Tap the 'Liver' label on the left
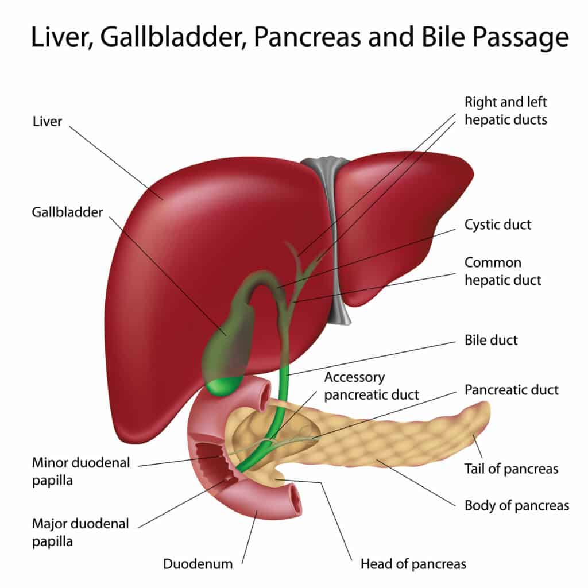coord(47,121)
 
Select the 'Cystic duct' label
coord(497,224)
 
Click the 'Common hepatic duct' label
coord(502,271)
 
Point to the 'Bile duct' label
coord(490,339)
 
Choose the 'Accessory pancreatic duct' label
coord(371,386)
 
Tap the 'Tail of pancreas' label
coord(510,469)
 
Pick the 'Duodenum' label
coord(198,563)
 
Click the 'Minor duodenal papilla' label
coord(81,471)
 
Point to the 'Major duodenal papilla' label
coord(80,532)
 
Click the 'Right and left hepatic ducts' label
coord(505,111)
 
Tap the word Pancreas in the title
coord(292,37)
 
